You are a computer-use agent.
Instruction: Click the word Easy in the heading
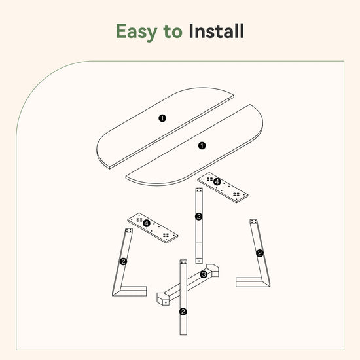coord(136,31)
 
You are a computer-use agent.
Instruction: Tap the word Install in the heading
coord(216,31)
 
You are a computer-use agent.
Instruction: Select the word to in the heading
coord(173,32)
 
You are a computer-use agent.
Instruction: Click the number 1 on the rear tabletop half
coord(162,118)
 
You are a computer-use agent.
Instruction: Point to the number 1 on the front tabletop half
coord(202,145)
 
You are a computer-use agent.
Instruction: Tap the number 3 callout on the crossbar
coord(204,274)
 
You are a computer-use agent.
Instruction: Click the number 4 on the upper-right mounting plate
coord(217,182)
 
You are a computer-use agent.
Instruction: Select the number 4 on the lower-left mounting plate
coord(147,223)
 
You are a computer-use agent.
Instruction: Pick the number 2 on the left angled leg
coord(123,261)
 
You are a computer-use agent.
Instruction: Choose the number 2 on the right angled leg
coord(260,253)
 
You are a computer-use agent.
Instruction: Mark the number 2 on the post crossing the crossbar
coord(183,312)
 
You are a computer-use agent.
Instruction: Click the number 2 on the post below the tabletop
coord(198,217)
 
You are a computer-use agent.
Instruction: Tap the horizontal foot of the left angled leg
coord(133,291)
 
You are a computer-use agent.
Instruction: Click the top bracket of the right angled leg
coord(253,221)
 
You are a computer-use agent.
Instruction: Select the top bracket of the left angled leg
coord(129,230)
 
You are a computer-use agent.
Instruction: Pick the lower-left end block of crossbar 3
coord(163,298)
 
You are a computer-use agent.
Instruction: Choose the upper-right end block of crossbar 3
coord(212,270)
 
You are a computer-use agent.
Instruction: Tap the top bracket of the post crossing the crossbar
coord(183,262)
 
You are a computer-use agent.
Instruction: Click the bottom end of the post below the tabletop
coord(199,261)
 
